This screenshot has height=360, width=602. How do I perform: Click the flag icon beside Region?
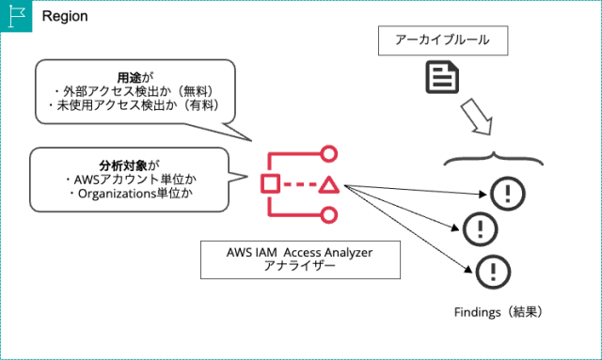(x=17, y=16)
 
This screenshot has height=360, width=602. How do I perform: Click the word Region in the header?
(x=64, y=17)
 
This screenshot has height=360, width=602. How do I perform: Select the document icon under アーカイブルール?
(x=442, y=77)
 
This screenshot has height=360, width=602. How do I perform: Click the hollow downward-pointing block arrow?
(x=476, y=119)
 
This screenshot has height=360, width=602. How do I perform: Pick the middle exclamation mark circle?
(x=481, y=227)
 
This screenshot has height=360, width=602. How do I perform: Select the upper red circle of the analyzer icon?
(x=328, y=153)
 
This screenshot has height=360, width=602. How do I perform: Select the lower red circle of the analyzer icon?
(x=328, y=215)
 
